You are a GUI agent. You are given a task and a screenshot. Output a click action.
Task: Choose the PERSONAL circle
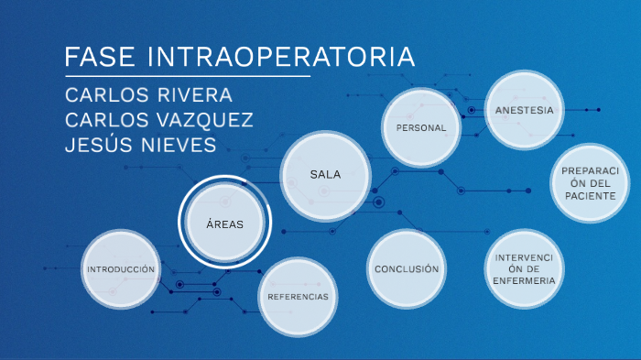(421, 128)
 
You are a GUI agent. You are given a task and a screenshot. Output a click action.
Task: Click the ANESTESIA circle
(524, 111)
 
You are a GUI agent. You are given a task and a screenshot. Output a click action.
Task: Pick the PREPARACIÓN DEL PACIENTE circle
(591, 183)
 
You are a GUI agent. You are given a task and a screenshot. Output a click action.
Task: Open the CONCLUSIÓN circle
(407, 269)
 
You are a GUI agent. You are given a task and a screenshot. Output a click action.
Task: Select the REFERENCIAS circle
(298, 297)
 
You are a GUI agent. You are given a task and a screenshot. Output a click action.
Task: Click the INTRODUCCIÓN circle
(121, 270)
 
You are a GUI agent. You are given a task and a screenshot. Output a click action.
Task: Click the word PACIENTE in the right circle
(591, 196)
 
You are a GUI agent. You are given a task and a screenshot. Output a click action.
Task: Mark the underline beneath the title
(188, 76)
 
